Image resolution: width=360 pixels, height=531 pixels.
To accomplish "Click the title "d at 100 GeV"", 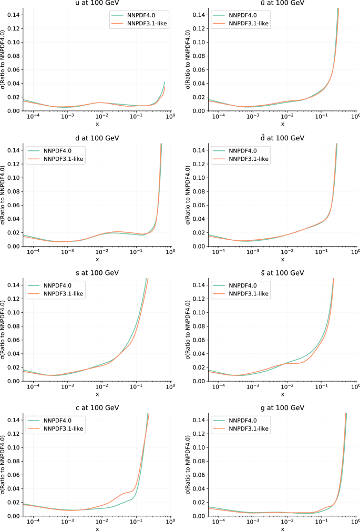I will (97, 138).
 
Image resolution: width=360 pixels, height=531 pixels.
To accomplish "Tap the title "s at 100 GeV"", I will (97, 273).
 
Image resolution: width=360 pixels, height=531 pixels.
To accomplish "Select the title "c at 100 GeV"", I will (97, 408).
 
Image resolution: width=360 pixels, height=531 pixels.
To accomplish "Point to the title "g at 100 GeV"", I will (283, 408).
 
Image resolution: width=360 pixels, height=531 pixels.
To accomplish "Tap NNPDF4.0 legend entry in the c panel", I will (56, 421).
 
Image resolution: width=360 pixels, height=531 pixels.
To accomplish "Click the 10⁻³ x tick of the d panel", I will (67, 252).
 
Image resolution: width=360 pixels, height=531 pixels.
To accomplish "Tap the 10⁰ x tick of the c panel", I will (170, 522).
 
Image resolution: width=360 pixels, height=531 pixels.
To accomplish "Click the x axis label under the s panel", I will (97, 394).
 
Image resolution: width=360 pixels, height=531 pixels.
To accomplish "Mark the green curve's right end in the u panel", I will (164, 83).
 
